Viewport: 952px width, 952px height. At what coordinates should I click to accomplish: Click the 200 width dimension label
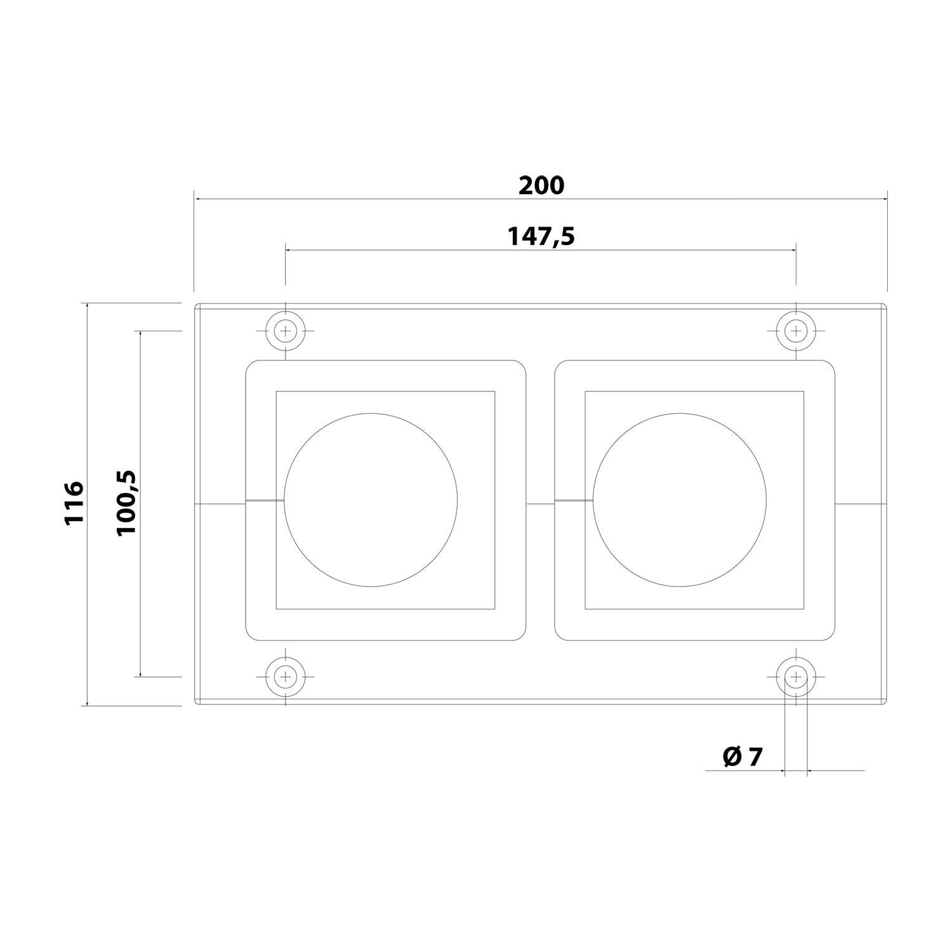[x=541, y=185]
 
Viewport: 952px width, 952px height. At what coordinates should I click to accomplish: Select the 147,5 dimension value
[x=541, y=236]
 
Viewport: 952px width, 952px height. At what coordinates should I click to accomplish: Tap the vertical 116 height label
[x=74, y=502]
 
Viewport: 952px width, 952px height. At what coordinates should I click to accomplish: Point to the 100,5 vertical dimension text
[x=126, y=503]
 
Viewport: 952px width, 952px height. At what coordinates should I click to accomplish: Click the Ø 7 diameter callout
[x=742, y=757]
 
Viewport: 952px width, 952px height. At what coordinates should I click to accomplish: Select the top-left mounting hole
[x=286, y=331]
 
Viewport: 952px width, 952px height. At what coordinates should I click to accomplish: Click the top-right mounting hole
[x=796, y=331]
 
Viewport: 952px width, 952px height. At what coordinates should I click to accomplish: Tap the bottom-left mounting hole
[x=286, y=677]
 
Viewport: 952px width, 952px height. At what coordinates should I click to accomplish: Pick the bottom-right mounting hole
[x=796, y=677]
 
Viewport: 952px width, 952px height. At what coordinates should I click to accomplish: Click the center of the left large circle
[x=371, y=500]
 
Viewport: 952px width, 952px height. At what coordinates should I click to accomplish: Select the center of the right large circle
[x=680, y=500]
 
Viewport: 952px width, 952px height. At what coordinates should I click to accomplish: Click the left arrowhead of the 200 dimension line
[x=198, y=199]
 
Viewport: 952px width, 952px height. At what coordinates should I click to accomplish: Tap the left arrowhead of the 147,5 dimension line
[x=289, y=251]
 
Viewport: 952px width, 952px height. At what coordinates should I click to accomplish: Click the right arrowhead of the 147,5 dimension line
[x=792, y=251]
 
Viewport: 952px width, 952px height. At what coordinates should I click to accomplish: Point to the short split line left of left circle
[x=265, y=501]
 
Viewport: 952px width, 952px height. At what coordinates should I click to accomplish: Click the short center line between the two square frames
[x=540, y=504]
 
